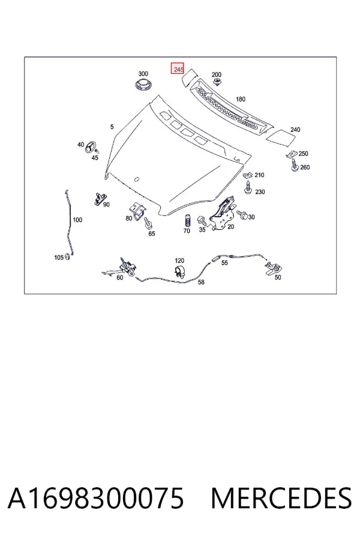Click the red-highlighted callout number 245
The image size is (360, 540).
click(x=178, y=69)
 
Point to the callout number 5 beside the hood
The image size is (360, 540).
click(x=112, y=127)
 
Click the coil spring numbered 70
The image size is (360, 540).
click(x=188, y=220)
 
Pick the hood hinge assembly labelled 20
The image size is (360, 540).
click(x=223, y=213)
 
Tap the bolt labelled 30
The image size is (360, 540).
click(x=242, y=215)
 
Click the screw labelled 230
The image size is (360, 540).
click(x=248, y=187)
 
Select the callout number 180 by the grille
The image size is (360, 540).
click(x=241, y=99)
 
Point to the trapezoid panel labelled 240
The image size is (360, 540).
click(x=281, y=136)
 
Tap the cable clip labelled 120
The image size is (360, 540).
click(x=179, y=271)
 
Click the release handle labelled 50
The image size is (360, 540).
click(x=274, y=268)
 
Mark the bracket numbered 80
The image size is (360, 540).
click(x=138, y=210)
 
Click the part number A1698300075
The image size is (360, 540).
click(x=96, y=498)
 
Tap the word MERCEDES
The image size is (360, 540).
click(x=281, y=498)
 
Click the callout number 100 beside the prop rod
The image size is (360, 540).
click(x=77, y=220)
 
